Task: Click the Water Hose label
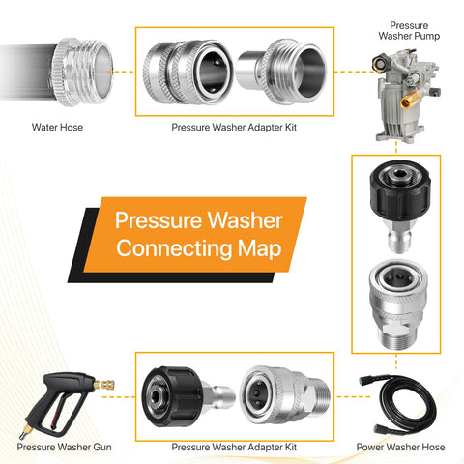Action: click(57, 128)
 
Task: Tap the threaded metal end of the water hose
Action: click(83, 72)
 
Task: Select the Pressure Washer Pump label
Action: click(409, 31)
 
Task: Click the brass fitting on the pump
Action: click(410, 100)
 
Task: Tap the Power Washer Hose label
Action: click(400, 447)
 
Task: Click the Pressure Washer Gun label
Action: click(64, 447)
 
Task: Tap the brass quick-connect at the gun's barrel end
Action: click(104, 385)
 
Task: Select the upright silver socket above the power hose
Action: click(399, 304)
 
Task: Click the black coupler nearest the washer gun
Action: click(173, 397)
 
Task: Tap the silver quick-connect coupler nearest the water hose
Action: click(188, 72)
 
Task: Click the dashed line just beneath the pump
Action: click(396, 147)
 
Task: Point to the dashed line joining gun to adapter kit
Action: click(119, 397)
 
